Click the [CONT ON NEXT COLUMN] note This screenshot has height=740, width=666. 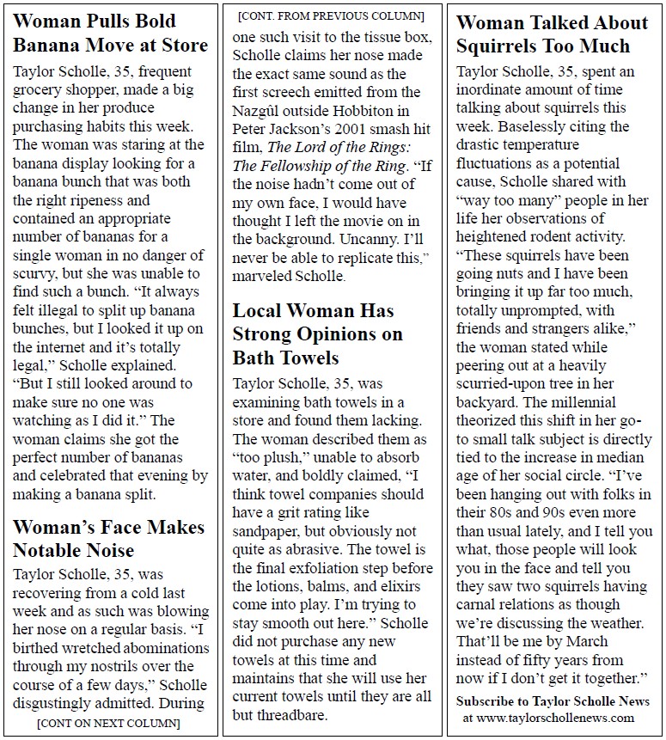click(108, 723)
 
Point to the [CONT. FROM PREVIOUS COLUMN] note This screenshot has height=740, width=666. click(331, 15)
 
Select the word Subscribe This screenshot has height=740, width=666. click(487, 700)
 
